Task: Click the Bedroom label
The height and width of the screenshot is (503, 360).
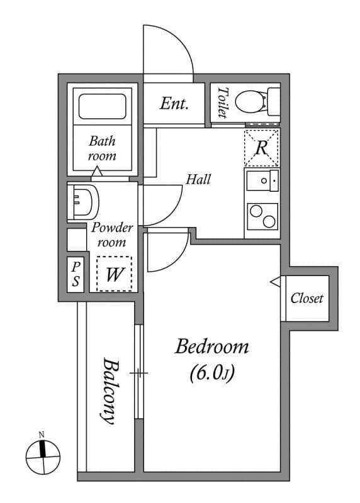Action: (211, 346)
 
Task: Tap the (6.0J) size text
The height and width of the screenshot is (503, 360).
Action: (211, 373)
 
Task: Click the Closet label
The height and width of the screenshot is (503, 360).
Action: (307, 298)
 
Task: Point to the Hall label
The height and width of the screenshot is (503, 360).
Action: (198, 179)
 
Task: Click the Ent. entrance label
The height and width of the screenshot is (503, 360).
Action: (174, 104)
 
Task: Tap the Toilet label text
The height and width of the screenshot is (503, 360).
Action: (222, 102)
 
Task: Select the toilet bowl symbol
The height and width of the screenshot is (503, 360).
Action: (259, 101)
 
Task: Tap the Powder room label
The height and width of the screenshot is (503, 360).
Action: (111, 235)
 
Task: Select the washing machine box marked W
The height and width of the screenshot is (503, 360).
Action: (114, 274)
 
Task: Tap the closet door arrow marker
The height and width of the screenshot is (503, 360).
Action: (275, 282)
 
